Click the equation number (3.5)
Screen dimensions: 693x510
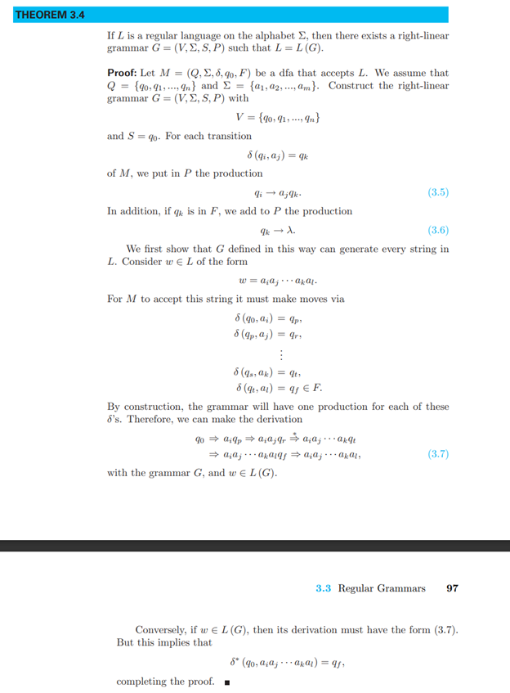[438, 193]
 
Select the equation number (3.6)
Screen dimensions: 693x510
[438, 230]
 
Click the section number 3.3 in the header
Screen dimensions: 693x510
[324, 587]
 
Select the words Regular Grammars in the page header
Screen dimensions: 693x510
[382, 587]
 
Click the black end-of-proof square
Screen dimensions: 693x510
[226, 682]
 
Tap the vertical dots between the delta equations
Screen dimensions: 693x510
[280, 354]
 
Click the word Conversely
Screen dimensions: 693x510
[162, 629]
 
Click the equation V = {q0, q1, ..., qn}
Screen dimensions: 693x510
[278, 117]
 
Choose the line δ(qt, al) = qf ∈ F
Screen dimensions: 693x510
[281, 387]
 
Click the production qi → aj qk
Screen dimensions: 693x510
[278, 193]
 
